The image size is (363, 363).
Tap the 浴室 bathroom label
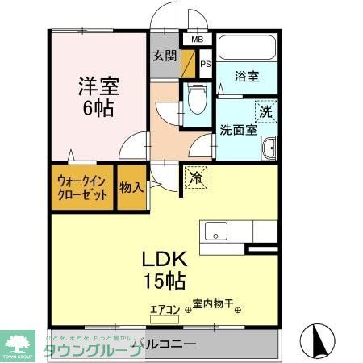coord(247,77)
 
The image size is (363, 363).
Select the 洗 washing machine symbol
coord(265,112)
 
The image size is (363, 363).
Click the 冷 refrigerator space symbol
coord(196,177)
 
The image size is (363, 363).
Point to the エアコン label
coord(167,307)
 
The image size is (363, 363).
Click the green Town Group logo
coord(19,344)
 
